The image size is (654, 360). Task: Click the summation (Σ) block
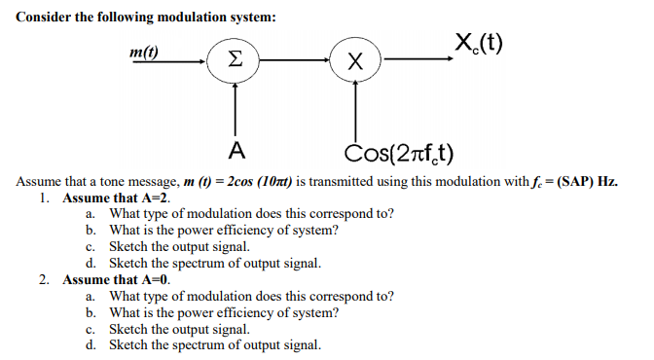pos(234,60)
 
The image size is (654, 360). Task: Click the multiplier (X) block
pos(355,60)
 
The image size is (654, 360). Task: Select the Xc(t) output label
pos(478,42)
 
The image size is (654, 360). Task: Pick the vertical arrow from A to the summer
pos(234,107)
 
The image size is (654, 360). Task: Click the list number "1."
pos(45,198)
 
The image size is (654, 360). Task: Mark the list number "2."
pos(45,279)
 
